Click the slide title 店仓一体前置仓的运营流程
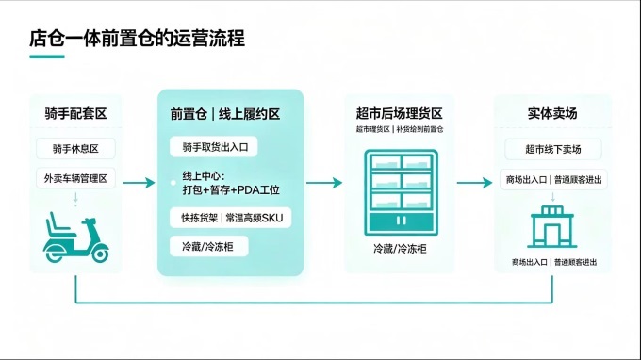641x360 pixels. point(137,38)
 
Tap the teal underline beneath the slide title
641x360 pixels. point(47,57)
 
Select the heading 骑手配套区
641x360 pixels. point(75,113)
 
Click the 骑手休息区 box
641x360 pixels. point(75,148)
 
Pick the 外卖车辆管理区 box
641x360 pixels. point(75,178)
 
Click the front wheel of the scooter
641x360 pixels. point(99,254)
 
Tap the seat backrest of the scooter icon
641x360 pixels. point(52,222)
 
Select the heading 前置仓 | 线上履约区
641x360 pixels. point(225,114)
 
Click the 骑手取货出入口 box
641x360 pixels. point(213,147)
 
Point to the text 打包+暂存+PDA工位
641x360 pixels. point(231,190)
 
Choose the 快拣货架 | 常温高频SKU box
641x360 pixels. point(231,218)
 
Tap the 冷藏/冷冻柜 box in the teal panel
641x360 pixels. point(209,246)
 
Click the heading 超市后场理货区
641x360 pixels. point(399,113)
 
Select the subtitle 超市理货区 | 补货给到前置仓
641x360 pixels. point(400,129)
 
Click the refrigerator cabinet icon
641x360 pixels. point(401,192)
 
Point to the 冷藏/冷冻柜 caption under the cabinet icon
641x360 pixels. point(400,249)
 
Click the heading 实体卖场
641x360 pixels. point(552,113)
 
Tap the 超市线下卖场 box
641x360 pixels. point(553,149)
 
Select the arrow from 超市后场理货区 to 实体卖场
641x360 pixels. point(474,183)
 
